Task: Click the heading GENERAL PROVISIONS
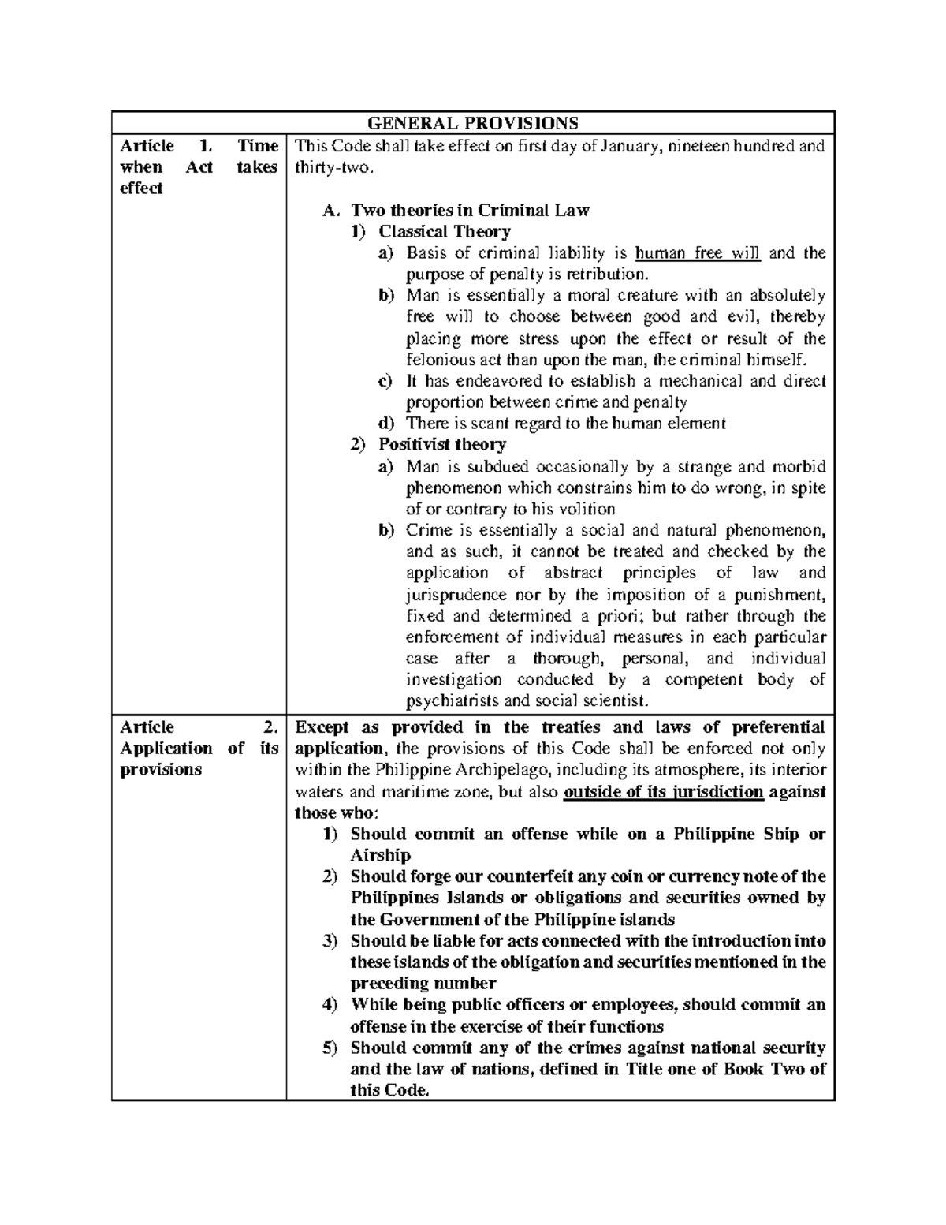(473, 123)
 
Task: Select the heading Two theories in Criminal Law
(470, 211)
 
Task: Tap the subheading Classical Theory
(444, 232)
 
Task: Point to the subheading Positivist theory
(441, 445)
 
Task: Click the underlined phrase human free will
(697, 253)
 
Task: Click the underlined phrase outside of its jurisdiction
(664, 792)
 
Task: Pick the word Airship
(381, 856)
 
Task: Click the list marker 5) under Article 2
(330, 1048)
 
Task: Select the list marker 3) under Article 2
(330, 941)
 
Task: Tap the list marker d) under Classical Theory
(385, 424)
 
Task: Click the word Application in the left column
(166, 749)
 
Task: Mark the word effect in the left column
(141, 189)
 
